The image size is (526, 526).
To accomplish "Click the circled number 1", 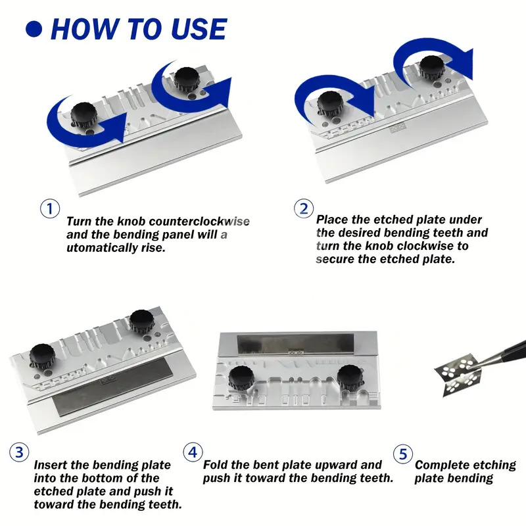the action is coord(50,208).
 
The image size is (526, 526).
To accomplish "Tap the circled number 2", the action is coord(304,208).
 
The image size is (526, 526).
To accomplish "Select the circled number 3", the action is coord(19,452).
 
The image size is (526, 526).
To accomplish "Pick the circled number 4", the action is coord(193,452).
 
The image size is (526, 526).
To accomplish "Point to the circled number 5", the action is coord(403,454).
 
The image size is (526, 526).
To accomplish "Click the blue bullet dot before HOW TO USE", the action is coord(34,29).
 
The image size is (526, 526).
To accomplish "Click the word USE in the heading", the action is coord(199,28).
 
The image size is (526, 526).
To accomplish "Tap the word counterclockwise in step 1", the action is coord(199,222).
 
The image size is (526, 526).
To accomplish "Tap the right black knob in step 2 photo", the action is coord(433,68).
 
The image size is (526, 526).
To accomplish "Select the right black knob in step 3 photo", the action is coord(141,322).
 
